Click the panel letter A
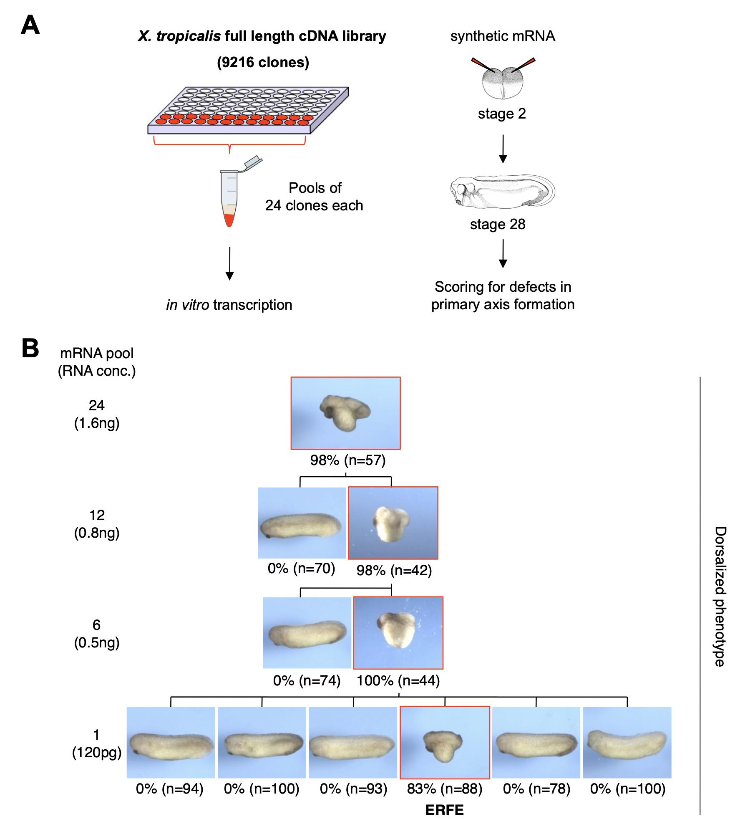[30, 25]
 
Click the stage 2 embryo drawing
[503, 81]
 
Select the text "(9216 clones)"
[263, 62]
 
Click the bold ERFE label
[444, 810]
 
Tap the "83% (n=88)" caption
[444, 789]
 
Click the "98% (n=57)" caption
[347, 460]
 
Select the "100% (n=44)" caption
[398, 680]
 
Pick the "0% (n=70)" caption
[301, 568]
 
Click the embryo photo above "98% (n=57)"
[345, 413]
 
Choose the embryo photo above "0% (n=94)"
[171, 743]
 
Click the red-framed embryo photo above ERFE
[444, 743]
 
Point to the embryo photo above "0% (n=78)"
[536, 743]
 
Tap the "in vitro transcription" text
[229, 305]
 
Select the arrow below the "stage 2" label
[503, 149]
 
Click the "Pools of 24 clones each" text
[315, 197]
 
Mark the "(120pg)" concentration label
[97, 753]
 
